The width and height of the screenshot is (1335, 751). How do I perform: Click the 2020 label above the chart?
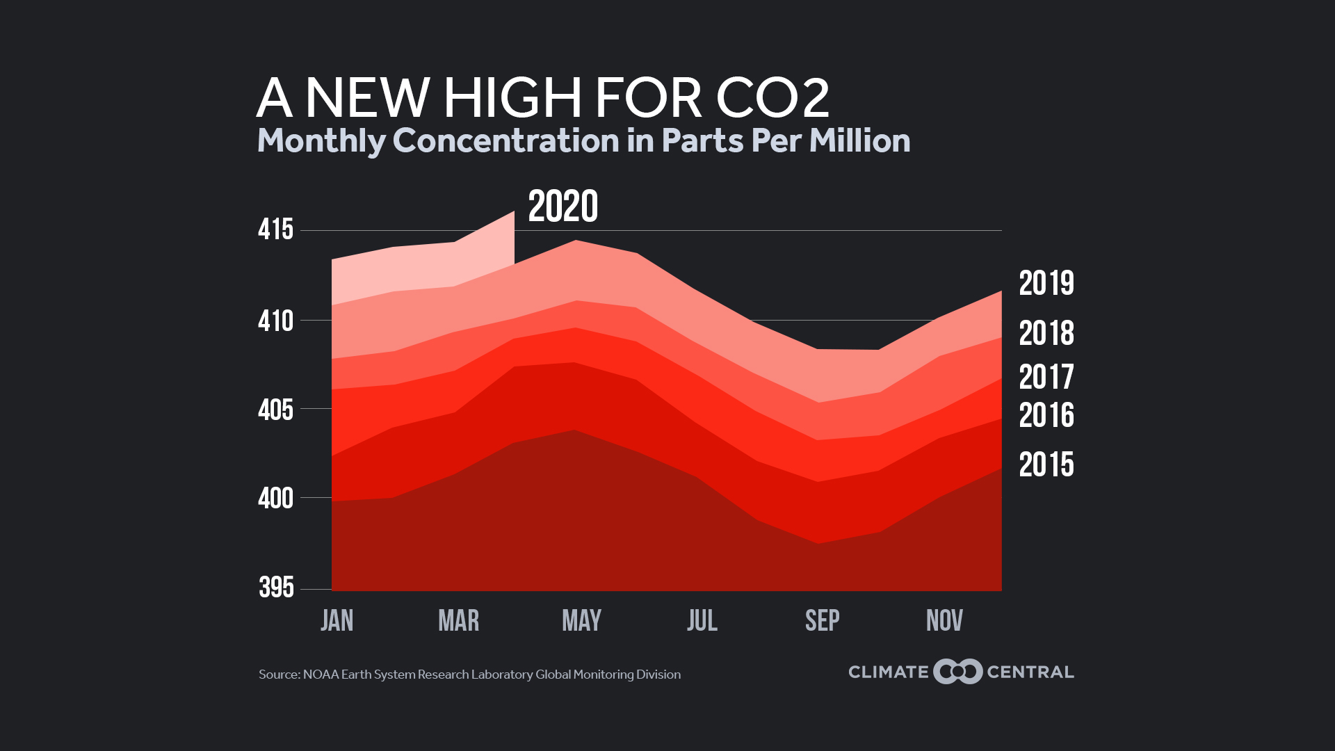563,207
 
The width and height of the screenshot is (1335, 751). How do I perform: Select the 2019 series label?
1046,284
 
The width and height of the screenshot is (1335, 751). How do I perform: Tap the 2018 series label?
1046,334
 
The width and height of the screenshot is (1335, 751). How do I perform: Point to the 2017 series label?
1046,378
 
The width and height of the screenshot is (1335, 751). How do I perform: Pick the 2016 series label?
1046,416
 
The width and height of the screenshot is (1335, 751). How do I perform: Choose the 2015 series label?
1046,465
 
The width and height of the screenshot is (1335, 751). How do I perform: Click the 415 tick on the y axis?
275,230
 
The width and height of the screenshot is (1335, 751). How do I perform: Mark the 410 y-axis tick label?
275,322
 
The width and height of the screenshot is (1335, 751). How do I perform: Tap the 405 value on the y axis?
275,410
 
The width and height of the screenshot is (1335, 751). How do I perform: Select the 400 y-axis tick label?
275,499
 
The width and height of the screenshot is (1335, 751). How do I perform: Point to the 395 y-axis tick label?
276,588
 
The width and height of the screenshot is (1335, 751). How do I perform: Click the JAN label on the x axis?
337,620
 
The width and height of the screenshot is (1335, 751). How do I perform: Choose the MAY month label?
581,620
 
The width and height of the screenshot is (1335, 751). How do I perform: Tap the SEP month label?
822,620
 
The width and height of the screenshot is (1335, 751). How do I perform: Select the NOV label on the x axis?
944,620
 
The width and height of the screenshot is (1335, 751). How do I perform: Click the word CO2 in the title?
772,98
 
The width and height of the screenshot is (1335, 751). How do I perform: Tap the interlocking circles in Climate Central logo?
957,672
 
